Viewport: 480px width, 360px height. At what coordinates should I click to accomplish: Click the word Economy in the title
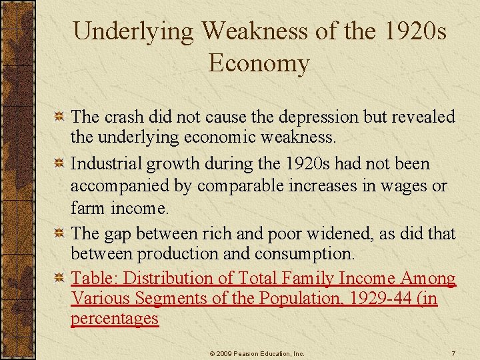pyautogui.click(x=259, y=64)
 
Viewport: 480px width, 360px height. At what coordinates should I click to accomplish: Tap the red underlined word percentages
pyautogui.click(x=115, y=319)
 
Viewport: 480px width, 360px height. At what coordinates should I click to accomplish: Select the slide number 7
pyautogui.click(x=453, y=352)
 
